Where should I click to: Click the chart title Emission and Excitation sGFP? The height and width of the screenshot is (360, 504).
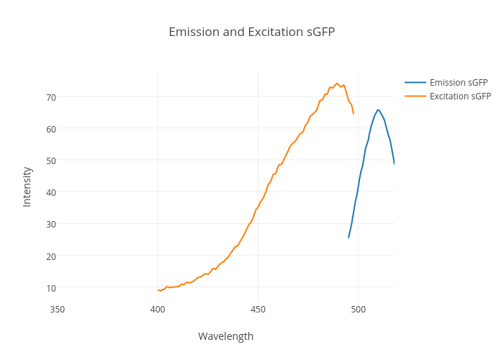[x=251, y=32]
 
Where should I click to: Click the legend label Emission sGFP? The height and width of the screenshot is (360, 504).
[x=458, y=82]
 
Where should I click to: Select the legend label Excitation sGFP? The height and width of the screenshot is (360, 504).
[x=460, y=96]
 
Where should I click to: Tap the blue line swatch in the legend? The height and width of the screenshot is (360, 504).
[x=415, y=82]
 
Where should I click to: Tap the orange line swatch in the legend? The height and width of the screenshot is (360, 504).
[x=415, y=96]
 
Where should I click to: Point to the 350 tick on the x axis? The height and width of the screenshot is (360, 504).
[x=58, y=310]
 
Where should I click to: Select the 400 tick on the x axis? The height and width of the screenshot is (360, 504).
[x=158, y=310]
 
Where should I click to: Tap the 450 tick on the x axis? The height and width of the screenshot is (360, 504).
[x=258, y=310]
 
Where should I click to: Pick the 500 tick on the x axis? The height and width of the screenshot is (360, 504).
[x=359, y=310]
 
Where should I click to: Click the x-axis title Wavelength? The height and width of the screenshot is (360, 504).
[x=225, y=336]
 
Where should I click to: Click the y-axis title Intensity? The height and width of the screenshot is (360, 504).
[x=27, y=186]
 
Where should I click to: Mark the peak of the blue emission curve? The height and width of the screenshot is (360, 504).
[x=378, y=110]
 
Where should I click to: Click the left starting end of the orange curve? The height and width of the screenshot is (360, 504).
[x=158, y=290]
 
